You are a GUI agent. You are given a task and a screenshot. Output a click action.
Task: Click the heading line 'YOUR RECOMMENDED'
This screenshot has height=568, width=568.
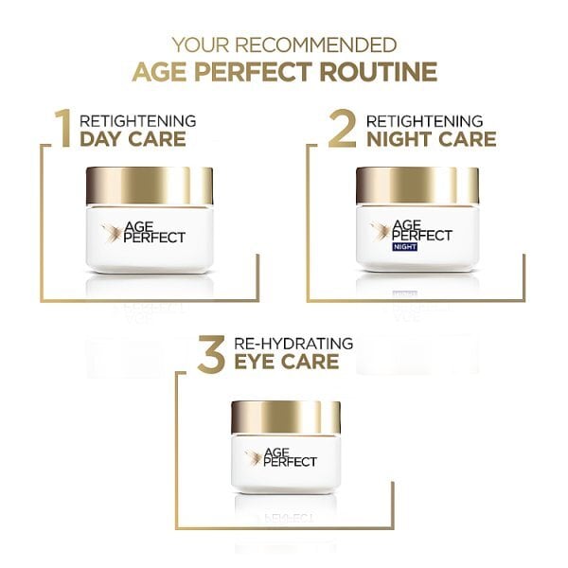pos(284,44)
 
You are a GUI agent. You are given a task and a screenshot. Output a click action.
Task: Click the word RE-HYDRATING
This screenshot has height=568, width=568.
pos(295,342)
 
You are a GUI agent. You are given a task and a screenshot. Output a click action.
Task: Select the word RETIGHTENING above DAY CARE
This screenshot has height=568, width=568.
pos(138,120)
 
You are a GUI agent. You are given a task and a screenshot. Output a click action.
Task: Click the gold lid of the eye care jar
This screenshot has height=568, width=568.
pos(286,418)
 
